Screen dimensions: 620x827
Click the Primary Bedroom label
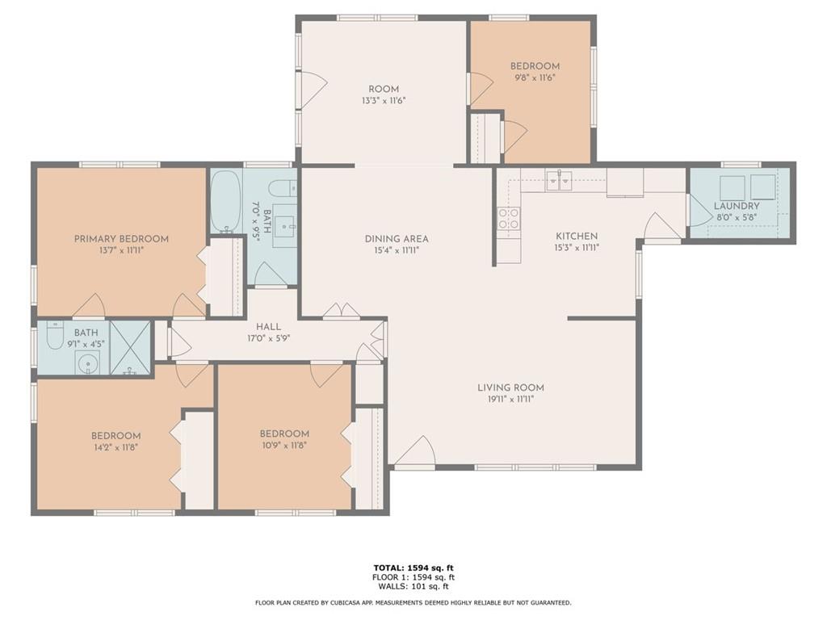pyautogui.click(x=121, y=238)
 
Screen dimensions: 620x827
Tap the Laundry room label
pyautogui.click(x=737, y=206)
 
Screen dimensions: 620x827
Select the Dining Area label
pyautogui.click(x=396, y=238)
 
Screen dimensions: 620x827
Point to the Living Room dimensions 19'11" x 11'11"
pyautogui.click(x=510, y=399)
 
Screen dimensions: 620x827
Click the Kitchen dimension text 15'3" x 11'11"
pyautogui.click(x=577, y=249)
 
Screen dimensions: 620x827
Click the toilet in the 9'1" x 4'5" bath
pyautogui.click(x=54, y=335)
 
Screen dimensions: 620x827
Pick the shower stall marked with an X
pyautogui.click(x=130, y=348)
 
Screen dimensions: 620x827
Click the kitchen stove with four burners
pyautogui.click(x=508, y=219)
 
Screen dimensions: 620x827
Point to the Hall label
pyautogui.click(x=268, y=326)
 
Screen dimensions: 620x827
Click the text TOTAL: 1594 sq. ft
pyautogui.click(x=413, y=568)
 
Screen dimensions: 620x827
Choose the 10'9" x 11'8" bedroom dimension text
pyautogui.click(x=284, y=444)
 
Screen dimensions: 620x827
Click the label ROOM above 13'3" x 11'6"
pyautogui.click(x=384, y=89)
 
